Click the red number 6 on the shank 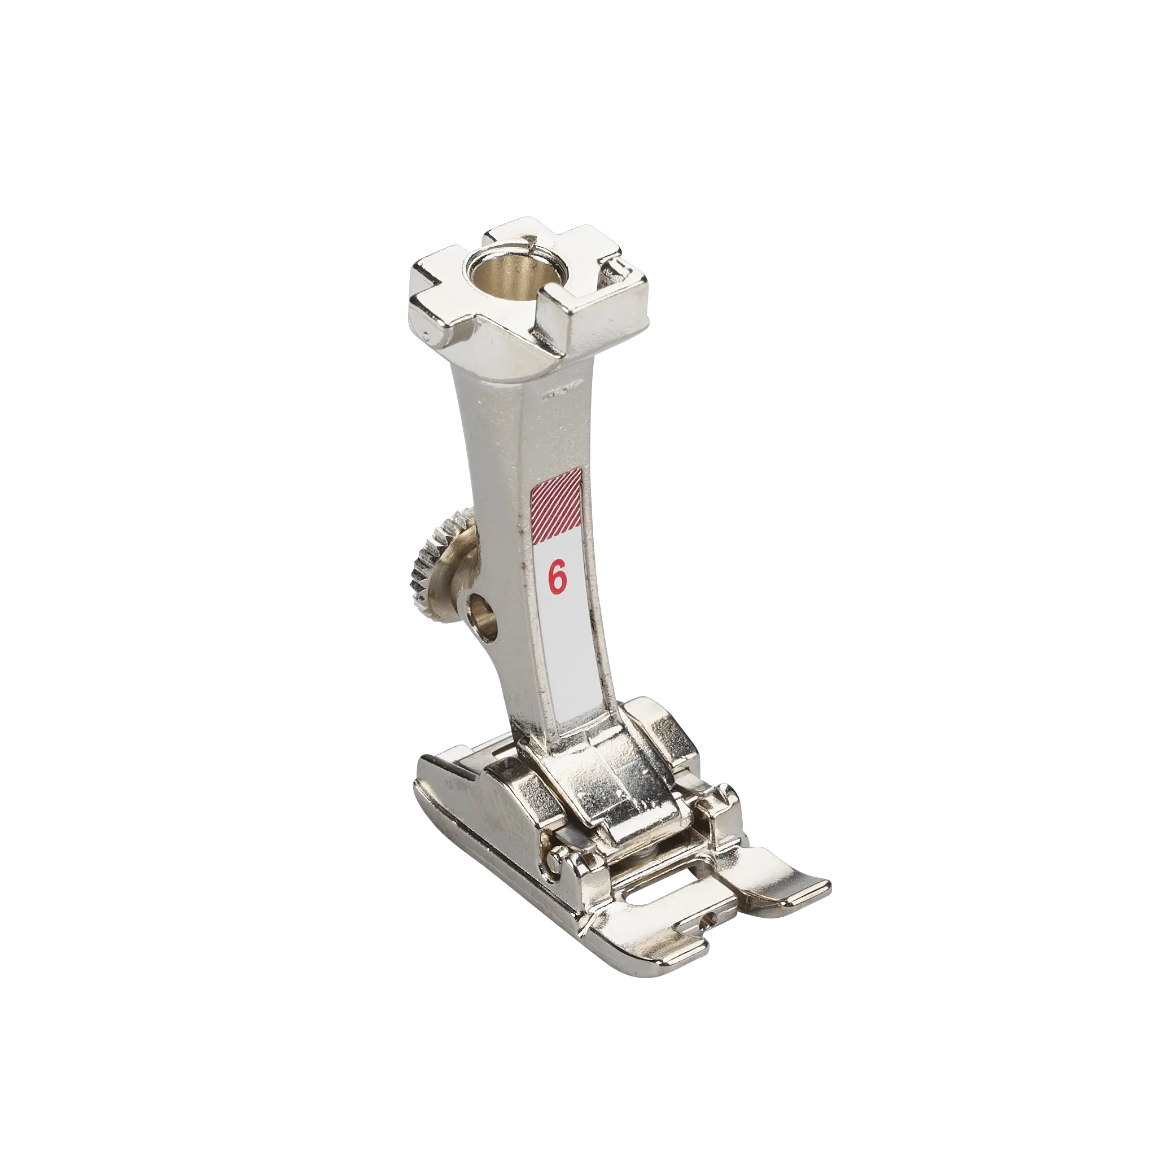[x=558, y=579]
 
